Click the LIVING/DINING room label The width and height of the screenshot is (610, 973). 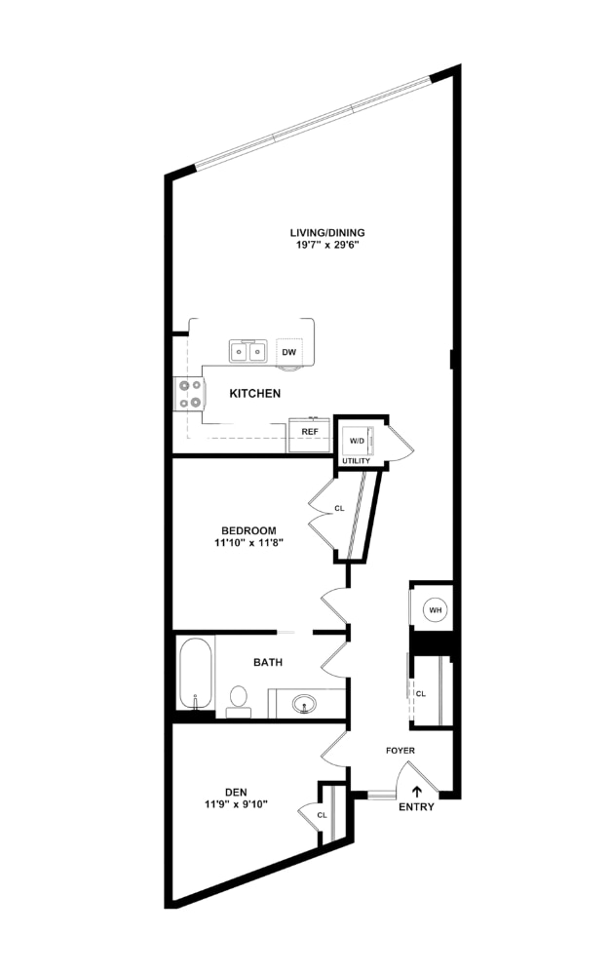(326, 232)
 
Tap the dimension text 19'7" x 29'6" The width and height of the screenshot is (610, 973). (326, 246)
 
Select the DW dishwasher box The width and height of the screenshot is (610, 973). (288, 352)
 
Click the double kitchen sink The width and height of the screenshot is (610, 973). (248, 351)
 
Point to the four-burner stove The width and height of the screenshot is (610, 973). (190, 393)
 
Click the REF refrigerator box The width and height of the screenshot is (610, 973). (309, 431)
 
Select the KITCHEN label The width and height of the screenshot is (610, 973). (255, 394)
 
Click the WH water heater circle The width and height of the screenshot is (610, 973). (435, 610)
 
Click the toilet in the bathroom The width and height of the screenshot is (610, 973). (238, 700)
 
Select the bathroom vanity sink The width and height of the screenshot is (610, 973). (305, 702)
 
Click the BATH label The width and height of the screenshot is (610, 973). (268, 662)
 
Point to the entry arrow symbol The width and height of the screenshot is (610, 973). (417, 792)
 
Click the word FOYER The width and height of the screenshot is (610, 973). (400, 751)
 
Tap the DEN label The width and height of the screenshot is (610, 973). (236, 792)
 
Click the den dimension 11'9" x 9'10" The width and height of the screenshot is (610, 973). (236, 804)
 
